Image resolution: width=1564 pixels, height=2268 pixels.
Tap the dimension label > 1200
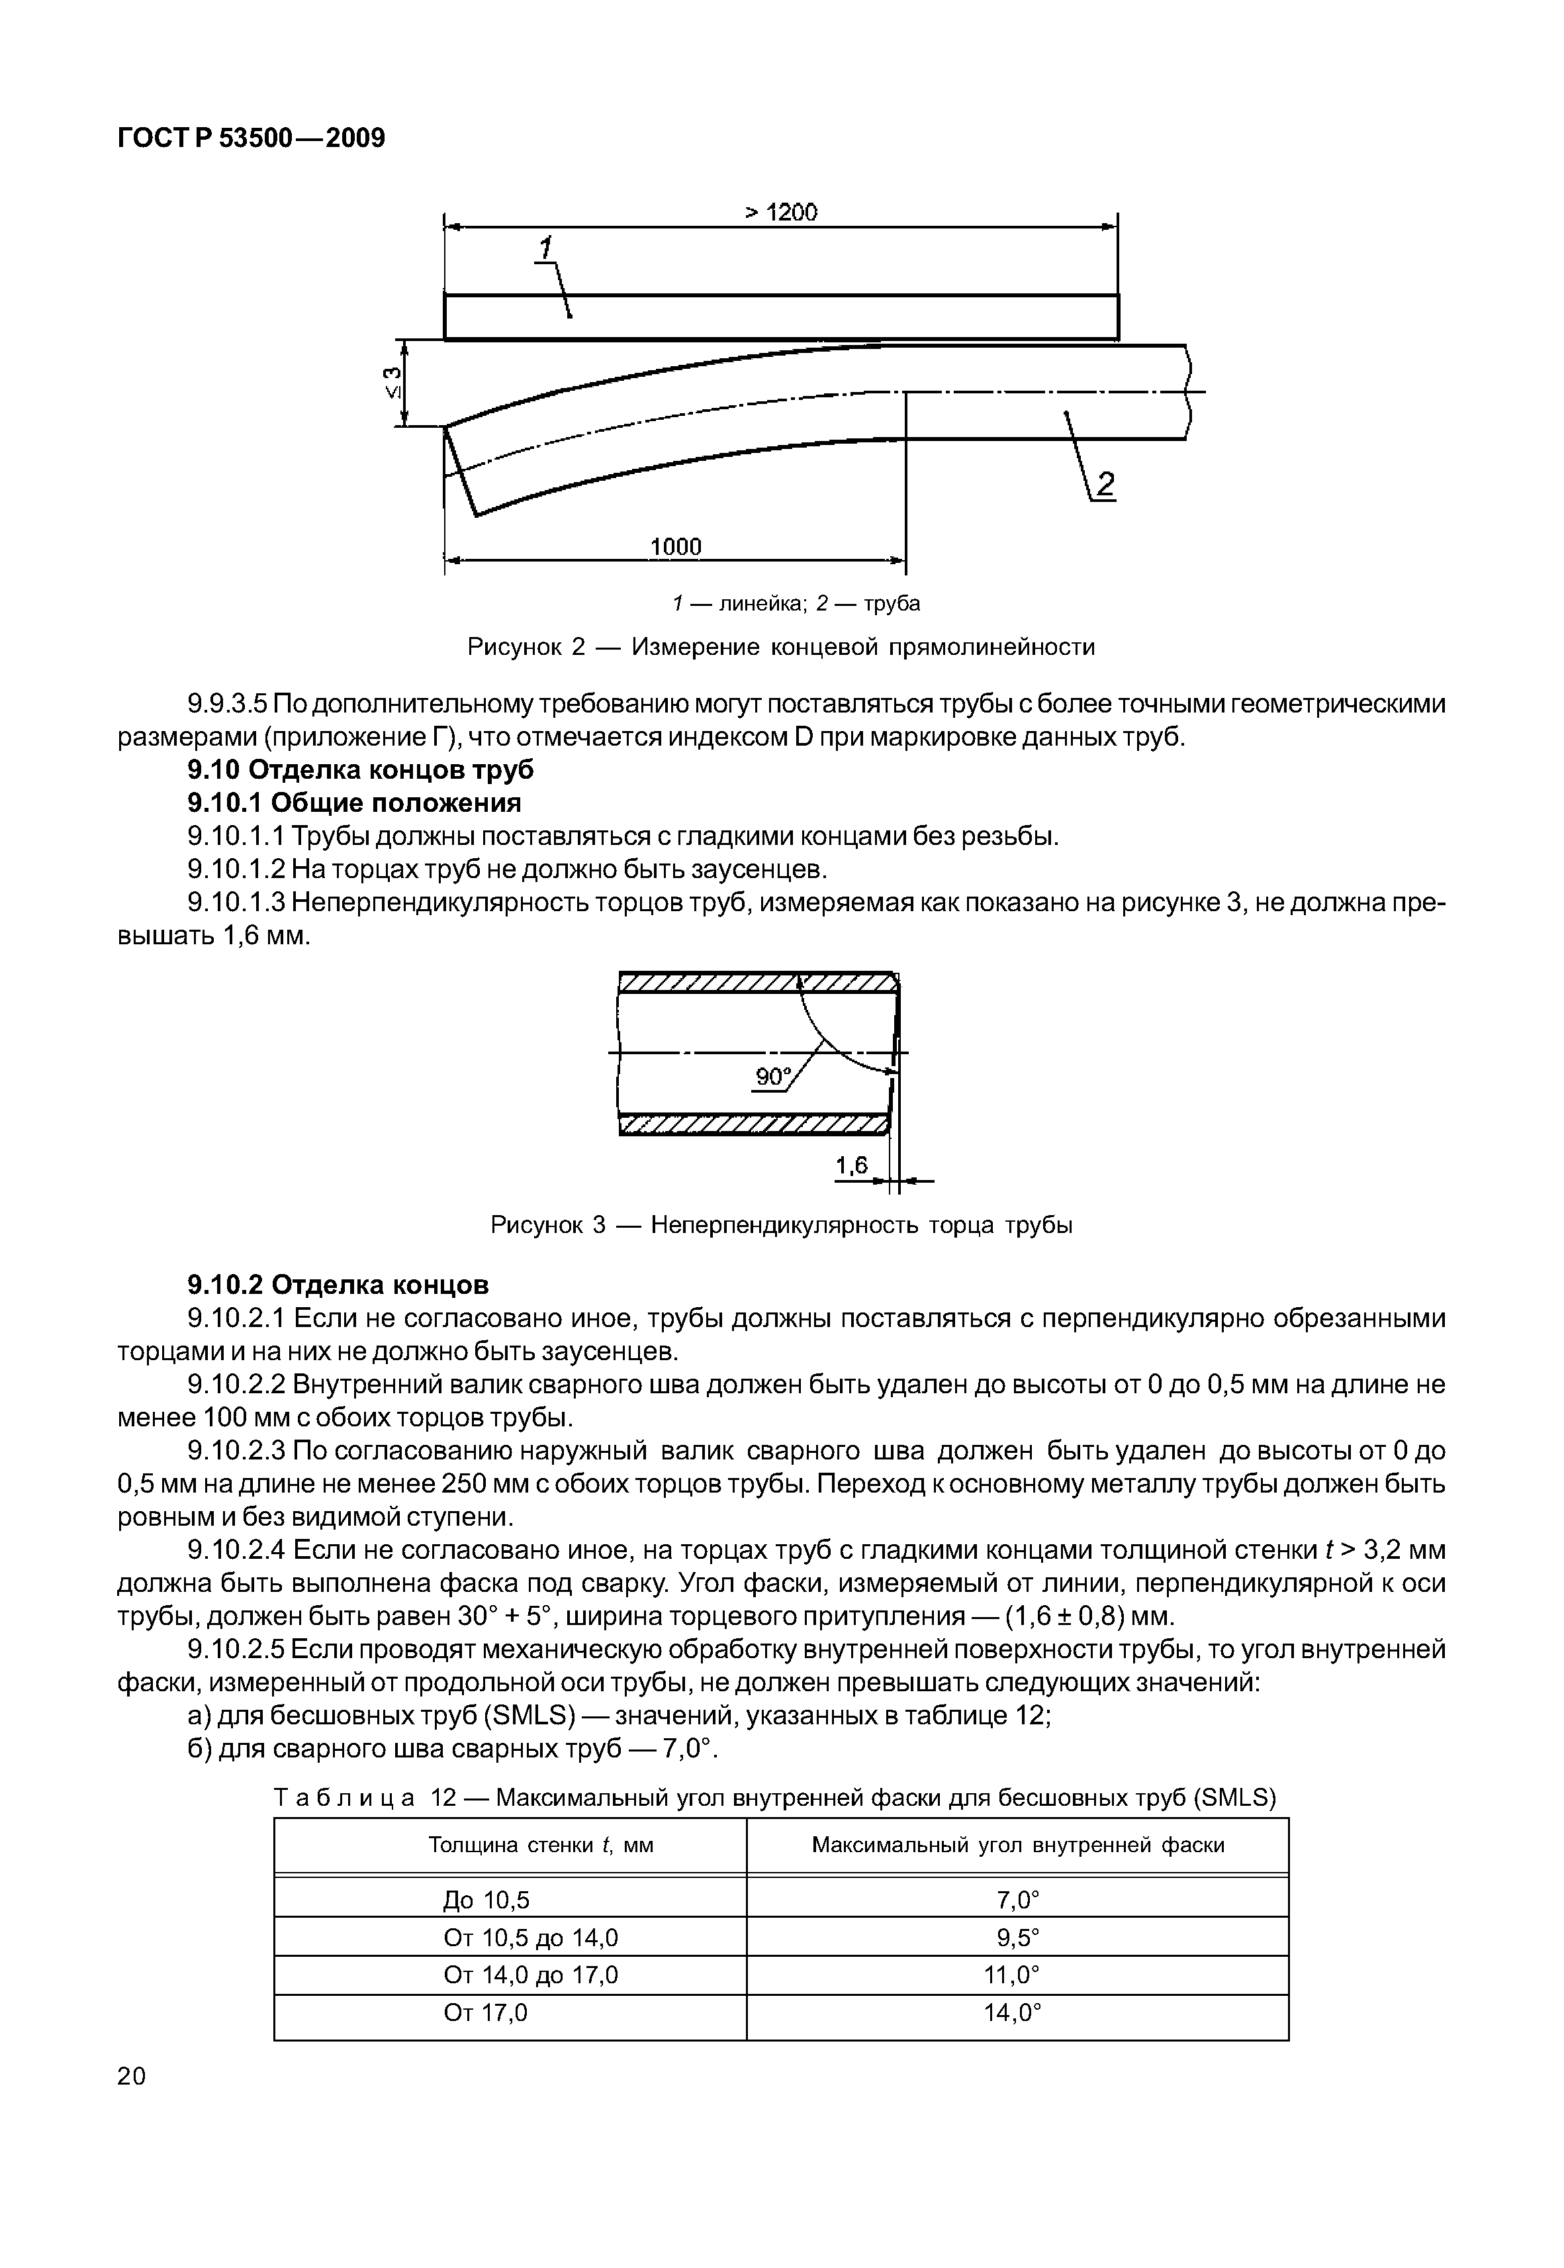pos(781,212)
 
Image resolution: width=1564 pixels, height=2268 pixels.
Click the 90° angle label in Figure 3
pos(773,1077)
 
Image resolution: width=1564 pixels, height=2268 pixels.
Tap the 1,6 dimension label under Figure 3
pos(852,1165)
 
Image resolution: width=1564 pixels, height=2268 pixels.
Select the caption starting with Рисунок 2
pos(781,647)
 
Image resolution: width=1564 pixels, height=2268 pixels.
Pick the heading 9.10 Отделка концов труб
pos(361,769)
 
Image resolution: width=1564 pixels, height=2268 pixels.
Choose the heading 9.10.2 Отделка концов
pos(338,1284)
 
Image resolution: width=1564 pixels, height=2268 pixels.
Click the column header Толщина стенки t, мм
pos(541,1846)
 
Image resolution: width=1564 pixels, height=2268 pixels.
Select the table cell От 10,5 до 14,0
pos(530,1938)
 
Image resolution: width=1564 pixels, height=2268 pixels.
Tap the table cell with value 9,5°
pos(1017,1938)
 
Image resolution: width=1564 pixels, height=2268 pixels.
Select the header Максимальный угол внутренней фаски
pos(1017,1846)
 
